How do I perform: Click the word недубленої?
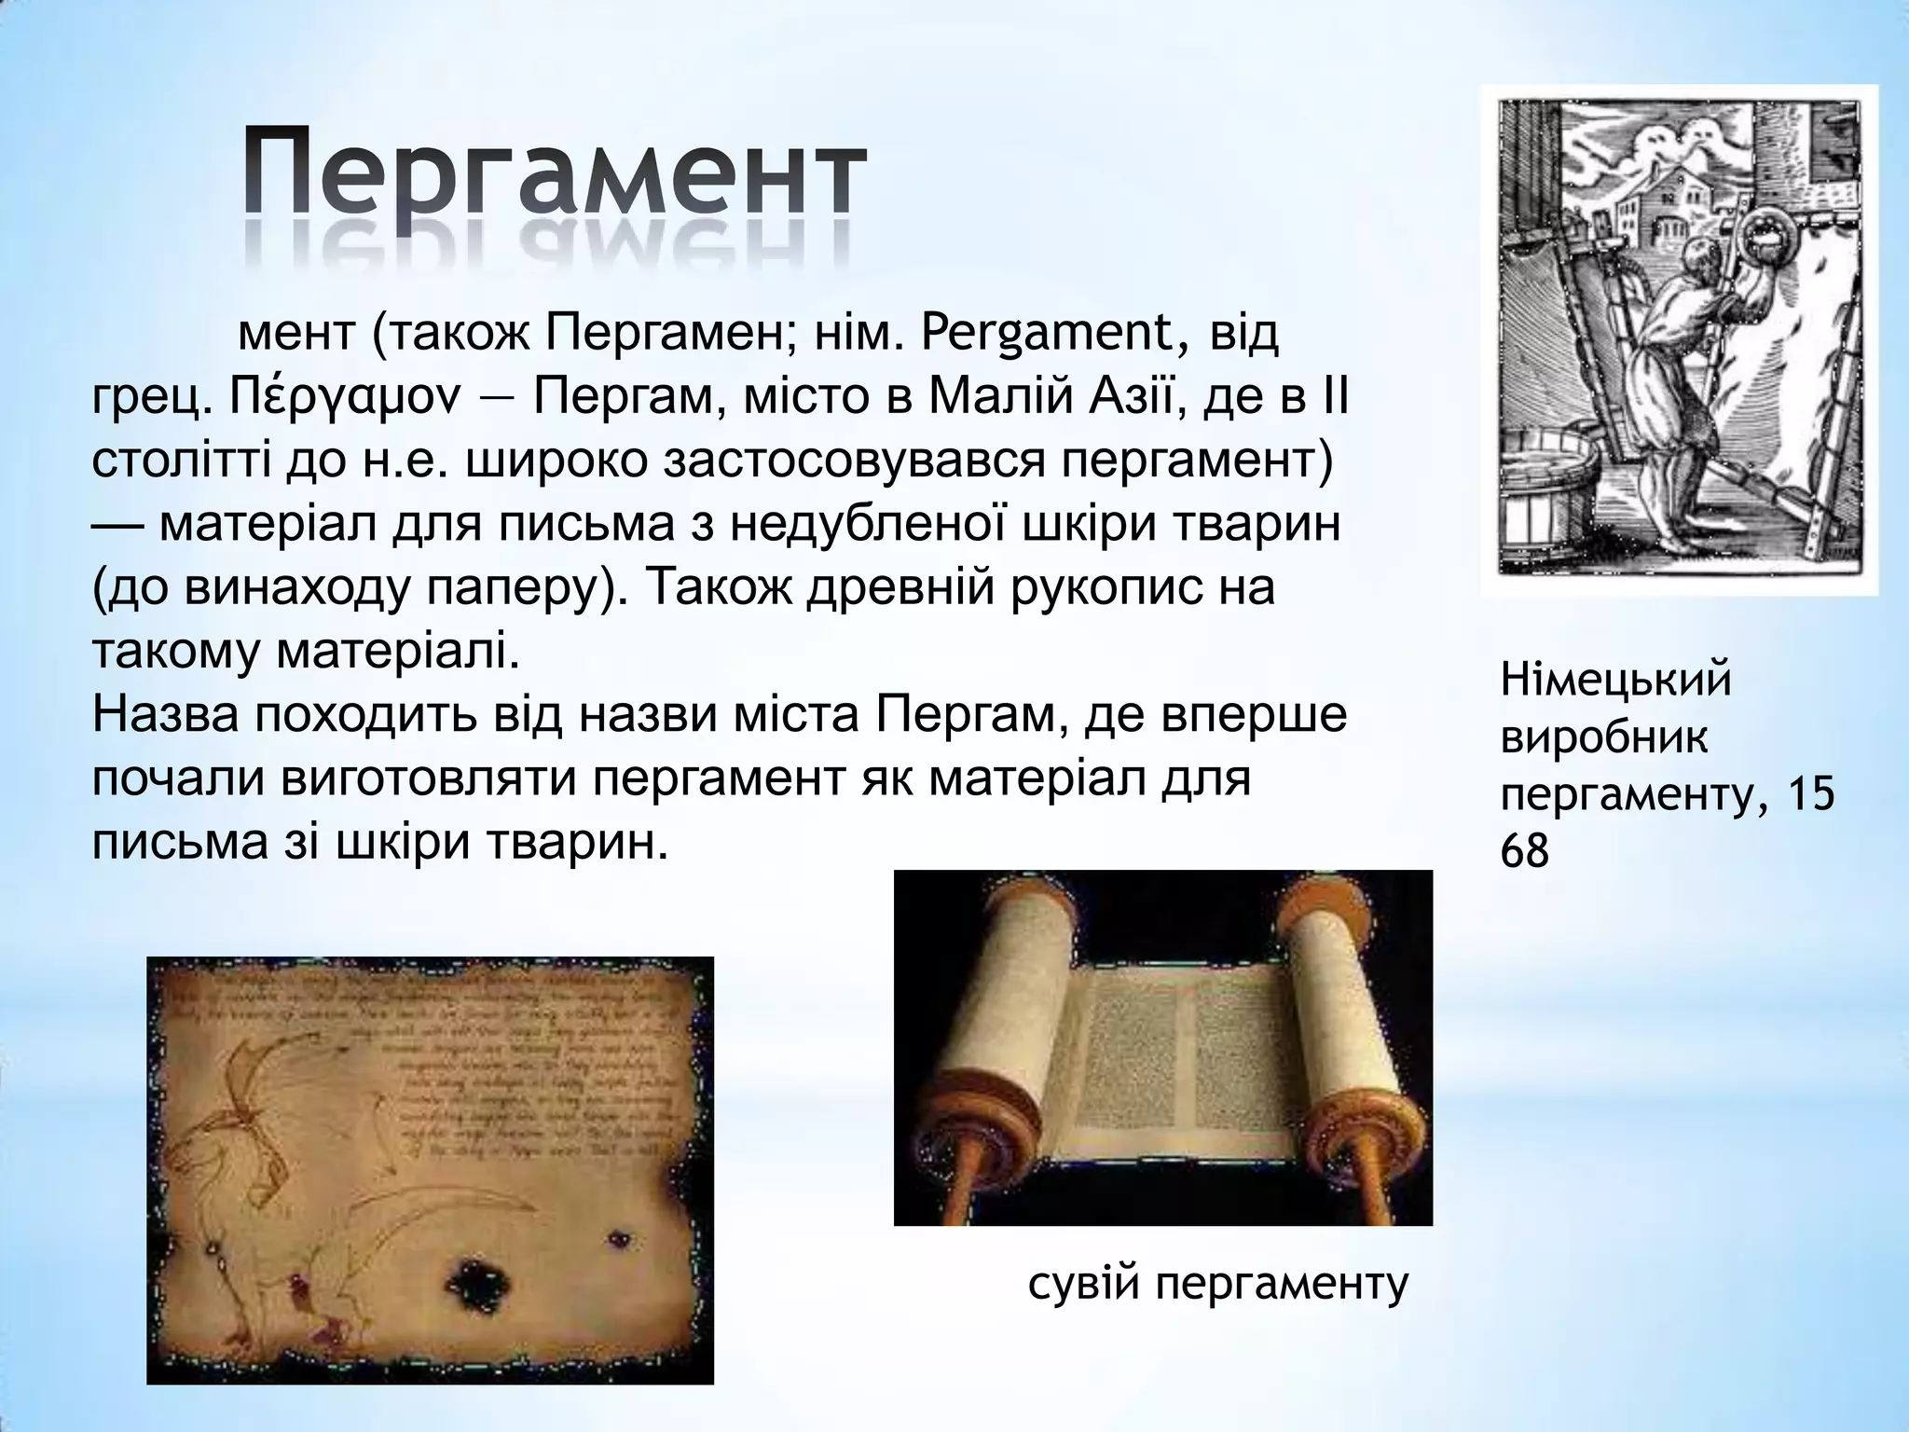(x=866, y=525)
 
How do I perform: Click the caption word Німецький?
(x=1615, y=679)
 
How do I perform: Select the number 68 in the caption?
(x=1525, y=852)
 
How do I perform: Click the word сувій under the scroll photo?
(x=1084, y=1285)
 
